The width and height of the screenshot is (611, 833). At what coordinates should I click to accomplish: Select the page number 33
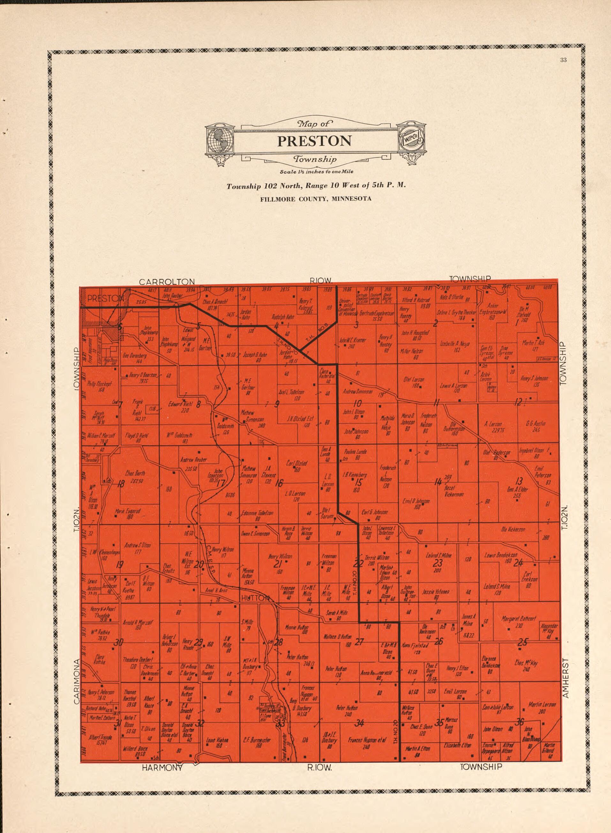[563, 61]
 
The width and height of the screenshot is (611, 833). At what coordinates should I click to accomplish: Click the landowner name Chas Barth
[135, 473]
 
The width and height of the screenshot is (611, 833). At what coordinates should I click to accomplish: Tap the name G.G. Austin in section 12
[536, 424]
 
